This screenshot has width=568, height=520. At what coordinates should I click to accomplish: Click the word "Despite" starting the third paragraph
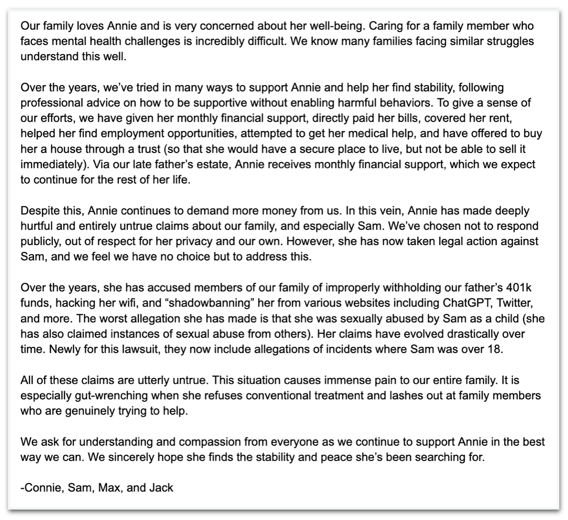[x=36, y=211]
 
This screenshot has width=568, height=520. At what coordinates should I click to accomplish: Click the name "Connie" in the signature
[x=43, y=488]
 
